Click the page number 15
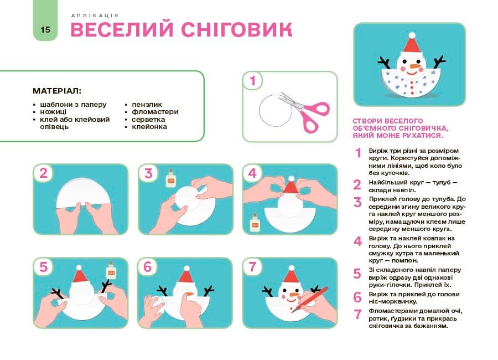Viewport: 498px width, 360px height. click(45, 29)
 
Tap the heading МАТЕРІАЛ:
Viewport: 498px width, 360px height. click(57, 90)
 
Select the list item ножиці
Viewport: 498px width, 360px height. click(53, 111)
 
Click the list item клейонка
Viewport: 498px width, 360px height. click(149, 127)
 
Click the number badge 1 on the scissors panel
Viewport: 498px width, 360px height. click(253, 81)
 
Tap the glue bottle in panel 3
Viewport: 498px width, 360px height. click(170, 179)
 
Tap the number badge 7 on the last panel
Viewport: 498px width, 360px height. click(253, 267)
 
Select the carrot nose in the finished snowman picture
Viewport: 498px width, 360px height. click(413, 68)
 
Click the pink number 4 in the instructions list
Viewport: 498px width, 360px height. click(357, 241)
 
